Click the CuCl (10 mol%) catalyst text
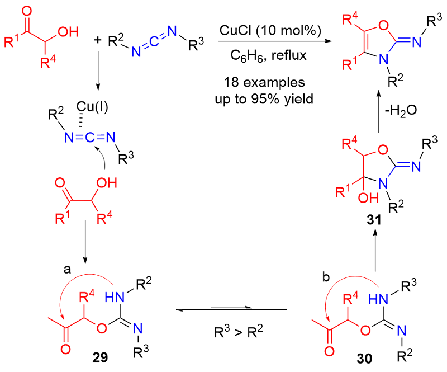pos(270,30)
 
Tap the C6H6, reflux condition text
pos(268,55)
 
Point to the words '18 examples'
pos(264,82)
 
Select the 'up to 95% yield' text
pos(264,99)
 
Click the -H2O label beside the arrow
pos(401,110)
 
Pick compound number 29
pos(100,357)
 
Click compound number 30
pos(364,359)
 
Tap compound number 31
pos(374,220)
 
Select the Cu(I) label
pos(92,107)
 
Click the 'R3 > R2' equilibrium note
pos(239,332)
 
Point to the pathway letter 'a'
pos(67,269)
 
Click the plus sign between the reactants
pos(97,40)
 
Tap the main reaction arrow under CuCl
pos(275,41)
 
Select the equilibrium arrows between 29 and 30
pos(231,309)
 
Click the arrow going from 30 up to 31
pos(375,251)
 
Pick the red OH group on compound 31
pos(368,197)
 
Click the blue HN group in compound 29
pos(115,298)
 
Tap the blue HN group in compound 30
pos(378,299)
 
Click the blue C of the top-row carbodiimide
pos(154,42)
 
